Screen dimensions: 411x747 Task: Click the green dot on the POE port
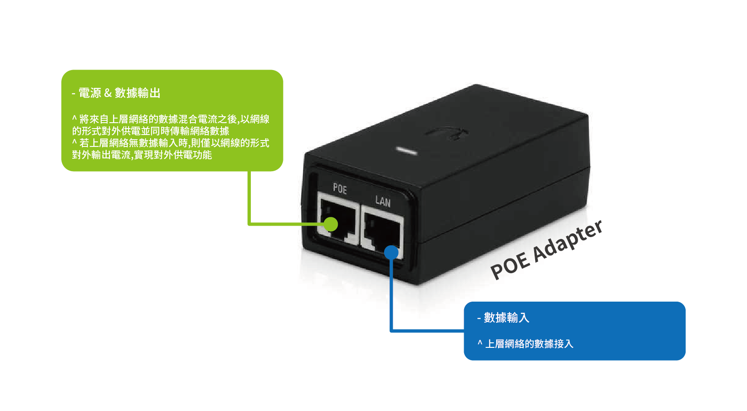(330, 224)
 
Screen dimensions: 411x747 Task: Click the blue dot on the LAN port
(391, 253)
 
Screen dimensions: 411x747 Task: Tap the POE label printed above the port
(340, 188)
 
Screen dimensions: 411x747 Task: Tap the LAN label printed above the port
(383, 201)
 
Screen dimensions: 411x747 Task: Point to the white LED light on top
(406, 151)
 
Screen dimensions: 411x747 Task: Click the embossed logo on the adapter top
(447, 133)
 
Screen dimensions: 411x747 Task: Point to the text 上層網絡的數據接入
(529, 344)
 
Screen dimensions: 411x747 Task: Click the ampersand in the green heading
(108, 93)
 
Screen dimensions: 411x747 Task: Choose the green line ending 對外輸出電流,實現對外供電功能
(142, 155)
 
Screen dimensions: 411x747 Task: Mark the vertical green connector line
(249, 197)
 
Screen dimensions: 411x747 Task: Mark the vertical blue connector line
(391, 293)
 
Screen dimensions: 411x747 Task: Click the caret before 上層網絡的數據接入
(480, 343)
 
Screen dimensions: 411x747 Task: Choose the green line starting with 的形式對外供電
(151, 131)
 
